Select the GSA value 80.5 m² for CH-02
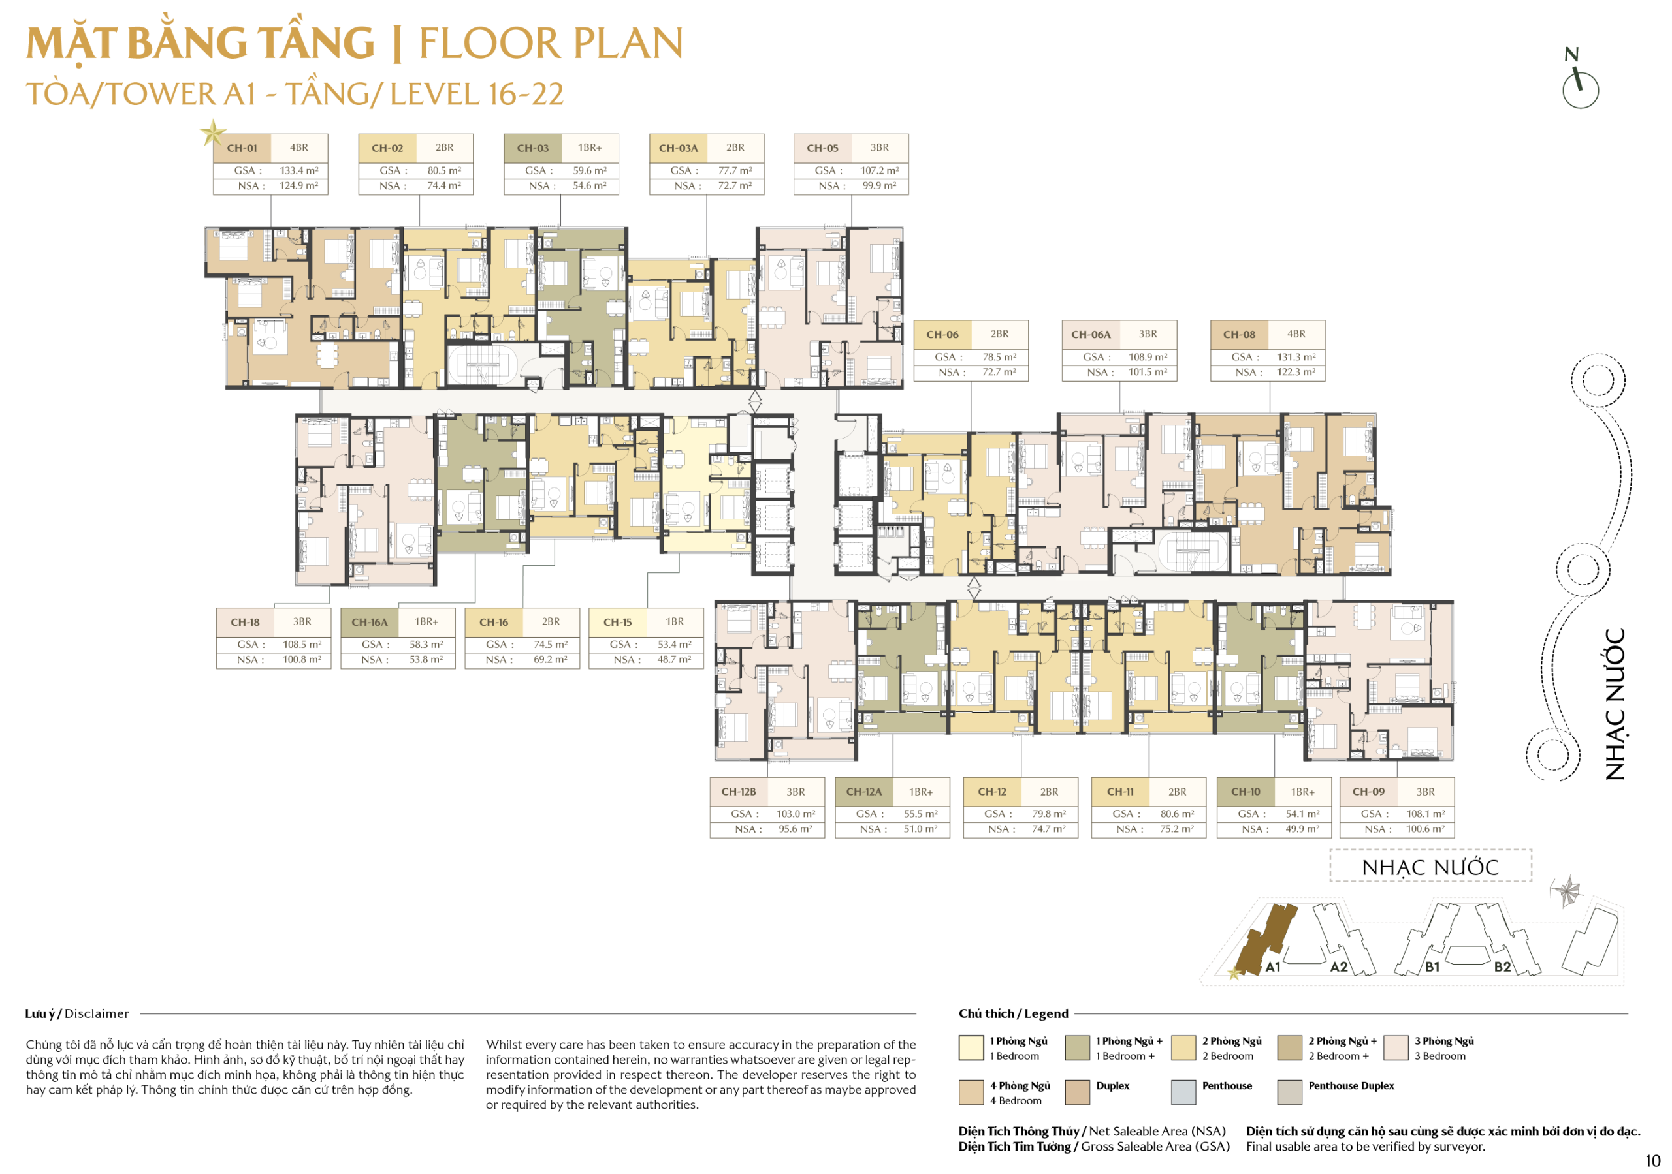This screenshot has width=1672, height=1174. coord(444,170)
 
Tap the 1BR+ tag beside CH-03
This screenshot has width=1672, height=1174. coord(590,147)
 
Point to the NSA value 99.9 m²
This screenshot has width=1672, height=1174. coord(880,185)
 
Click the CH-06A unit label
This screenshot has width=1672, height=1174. coord(1091,335)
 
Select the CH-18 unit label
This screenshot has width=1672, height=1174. coord(245,623)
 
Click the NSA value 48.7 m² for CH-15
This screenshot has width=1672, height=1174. coord(674,659)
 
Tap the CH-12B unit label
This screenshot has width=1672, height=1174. coord(739,792)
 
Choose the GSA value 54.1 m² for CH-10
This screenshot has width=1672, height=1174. coord(1303,814)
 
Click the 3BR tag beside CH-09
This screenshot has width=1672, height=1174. coord(1425,792)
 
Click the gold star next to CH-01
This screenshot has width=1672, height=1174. coord(213,132)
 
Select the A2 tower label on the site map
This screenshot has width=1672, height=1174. coord(1339,967)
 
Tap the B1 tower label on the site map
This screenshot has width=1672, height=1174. coord(1432,967)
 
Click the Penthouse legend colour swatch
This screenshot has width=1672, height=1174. coord(1183,1092)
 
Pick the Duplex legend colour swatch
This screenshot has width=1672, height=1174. coord(1077,1092)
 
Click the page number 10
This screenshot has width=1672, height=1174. coord(1652,1161)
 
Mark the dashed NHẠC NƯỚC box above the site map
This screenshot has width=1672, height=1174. coord(1430,866)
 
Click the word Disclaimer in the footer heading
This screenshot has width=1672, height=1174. coord(97,1014)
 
